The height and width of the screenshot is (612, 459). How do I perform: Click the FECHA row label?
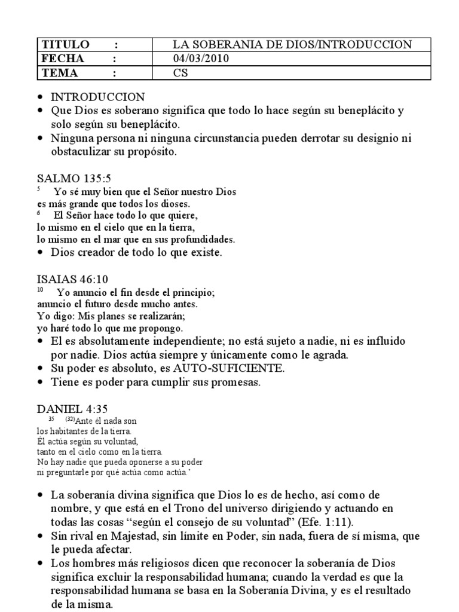[62, 59]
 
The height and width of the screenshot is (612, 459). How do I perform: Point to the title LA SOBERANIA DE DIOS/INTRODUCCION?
[292, 45]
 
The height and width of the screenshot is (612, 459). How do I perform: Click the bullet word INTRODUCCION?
[97, 97]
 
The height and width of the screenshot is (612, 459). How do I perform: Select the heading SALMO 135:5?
[74, 178]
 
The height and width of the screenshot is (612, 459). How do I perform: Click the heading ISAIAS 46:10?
[72, 279]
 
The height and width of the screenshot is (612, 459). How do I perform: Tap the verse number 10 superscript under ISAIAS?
[40, 290]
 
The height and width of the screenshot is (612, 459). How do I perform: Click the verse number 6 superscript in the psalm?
[38, 212]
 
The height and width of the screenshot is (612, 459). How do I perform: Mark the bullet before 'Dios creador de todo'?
[40, 253]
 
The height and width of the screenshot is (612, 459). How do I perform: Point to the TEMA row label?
[59, 73]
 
